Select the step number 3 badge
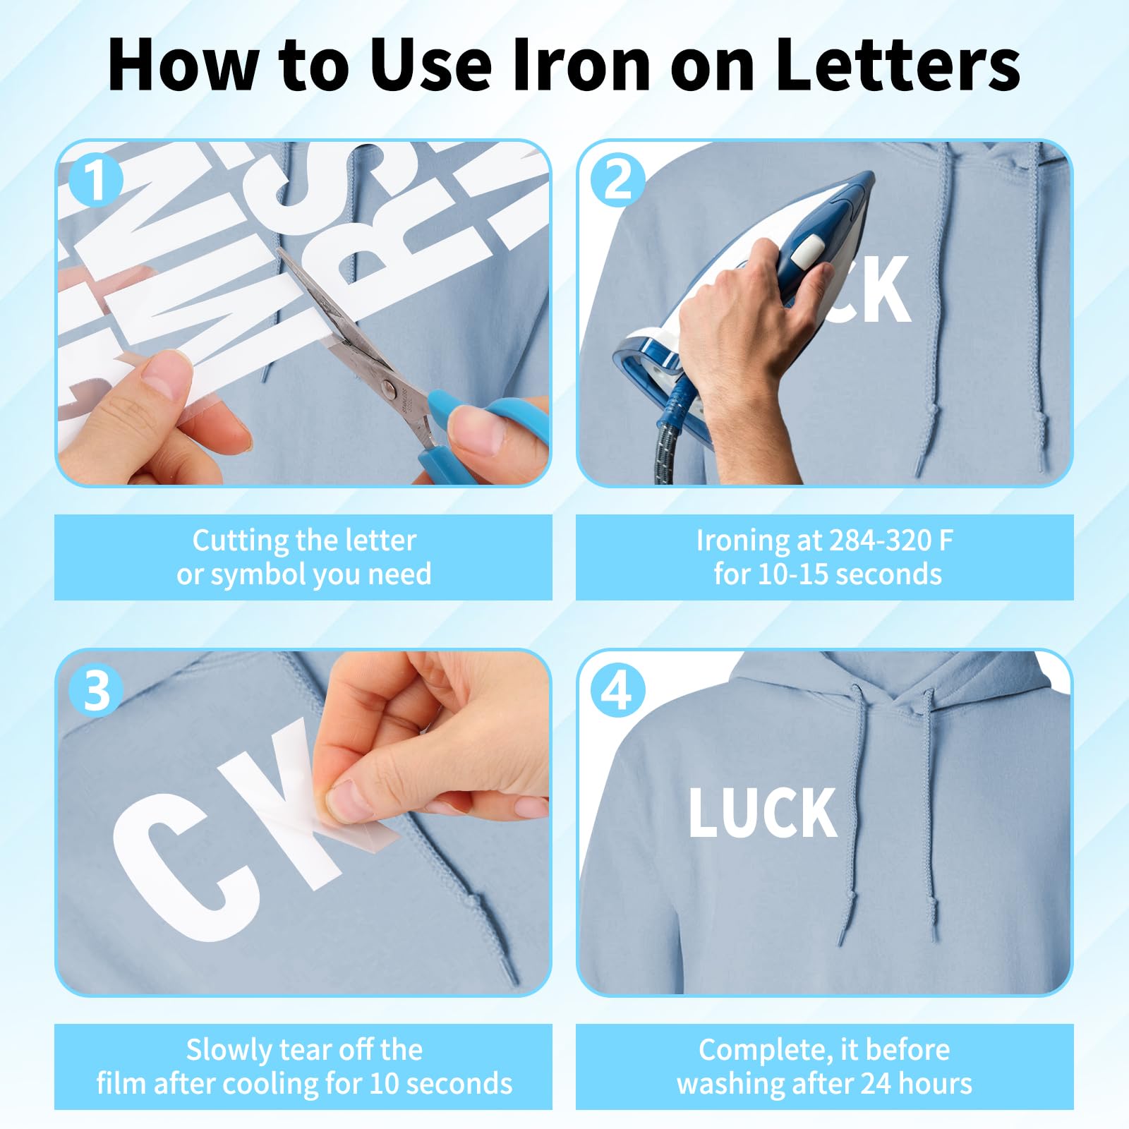click(97, 691)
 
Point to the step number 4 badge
click(618, 691)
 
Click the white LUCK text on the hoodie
click(763, 812)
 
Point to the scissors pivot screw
click(389, 386)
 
